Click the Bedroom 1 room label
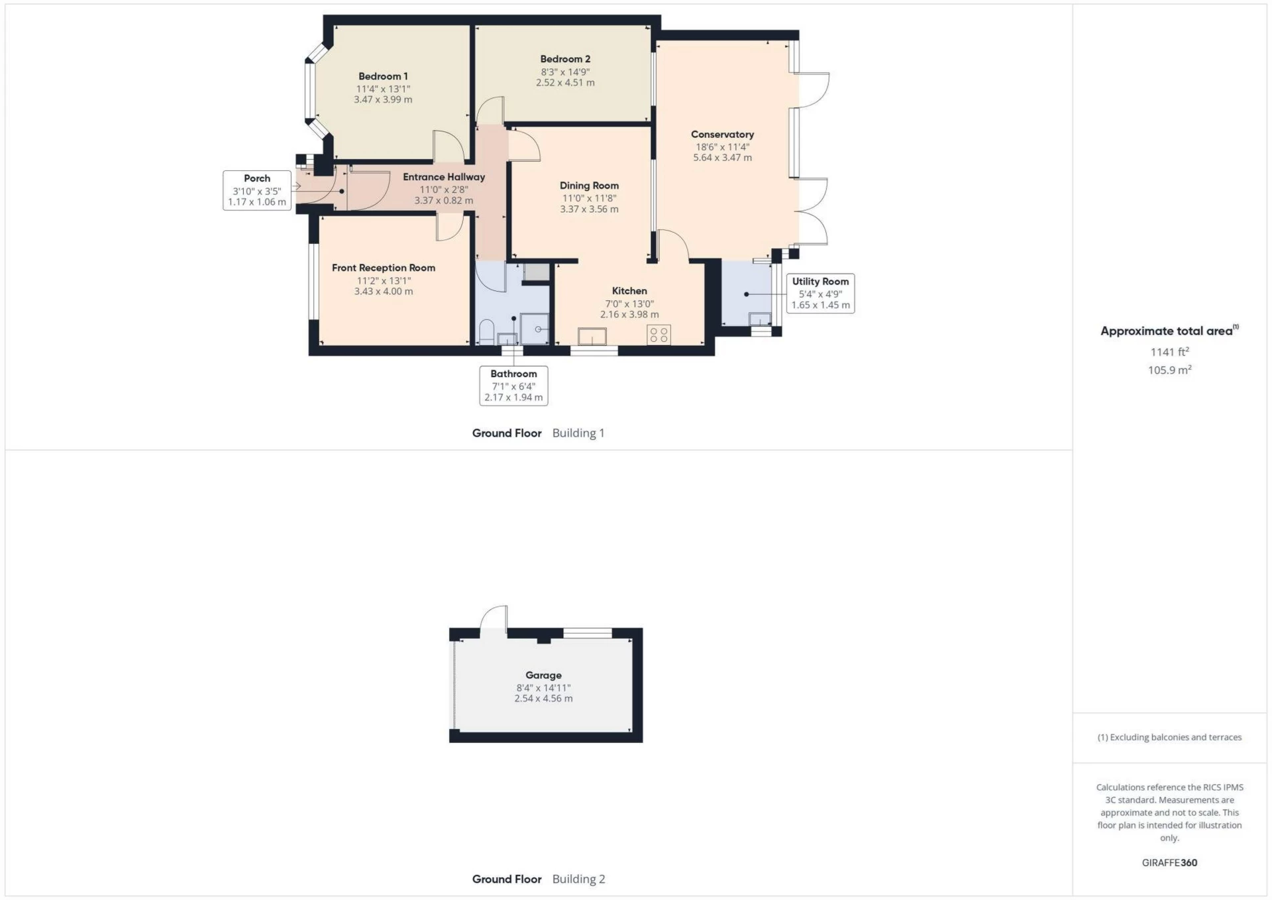[x=383, y=76]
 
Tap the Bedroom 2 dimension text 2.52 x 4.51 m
[x=565, y=83]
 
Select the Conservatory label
[x=722, y=135]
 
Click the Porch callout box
[x=257, y=190]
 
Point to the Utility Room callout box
[x=820, y=293]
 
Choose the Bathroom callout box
[x=513, y=385]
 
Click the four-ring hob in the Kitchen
[x=659, y=335]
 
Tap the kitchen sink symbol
[x=592, y=337]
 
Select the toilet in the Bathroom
[x=486, y=331]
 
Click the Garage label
[x=543, y=675]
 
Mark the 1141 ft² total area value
[x=1169, y=352]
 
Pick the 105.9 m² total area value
[x=1169, y=370]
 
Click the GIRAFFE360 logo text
[x=1169, y=862]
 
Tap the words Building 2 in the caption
[x=578, y=879]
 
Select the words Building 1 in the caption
[x=578, y=433]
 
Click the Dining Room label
[x=589, y=186]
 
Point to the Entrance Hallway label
[x=444, y=177]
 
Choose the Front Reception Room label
[x=384, y=268]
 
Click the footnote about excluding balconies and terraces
[x=1169, y=737]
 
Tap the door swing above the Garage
[x=494, y=618]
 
